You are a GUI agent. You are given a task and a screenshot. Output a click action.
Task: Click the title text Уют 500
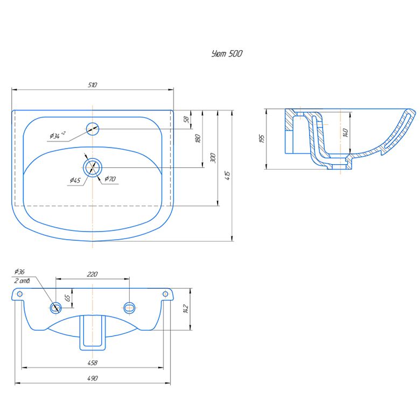coord(227,53)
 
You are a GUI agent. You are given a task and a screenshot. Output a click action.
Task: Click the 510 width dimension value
coord(93,85)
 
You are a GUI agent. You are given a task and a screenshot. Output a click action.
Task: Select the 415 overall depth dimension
coord(228,176)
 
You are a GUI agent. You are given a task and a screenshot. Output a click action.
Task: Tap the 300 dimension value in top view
coord(213,157)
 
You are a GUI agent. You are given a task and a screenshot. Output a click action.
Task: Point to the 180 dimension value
coord(198,138)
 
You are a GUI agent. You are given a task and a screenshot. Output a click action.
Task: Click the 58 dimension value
coord(187,119)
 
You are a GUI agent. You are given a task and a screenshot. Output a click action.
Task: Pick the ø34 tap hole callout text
coord(57,135)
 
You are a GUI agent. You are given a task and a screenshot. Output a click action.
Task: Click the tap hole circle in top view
coord(93,129)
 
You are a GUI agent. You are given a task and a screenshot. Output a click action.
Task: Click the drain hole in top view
coord(93,167)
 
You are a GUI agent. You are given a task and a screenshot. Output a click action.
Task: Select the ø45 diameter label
coord(75,180)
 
